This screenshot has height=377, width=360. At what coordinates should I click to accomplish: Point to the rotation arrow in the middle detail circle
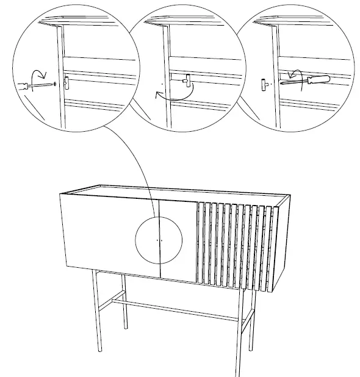[174, 93]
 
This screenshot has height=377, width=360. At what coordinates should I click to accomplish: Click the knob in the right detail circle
[264, 83]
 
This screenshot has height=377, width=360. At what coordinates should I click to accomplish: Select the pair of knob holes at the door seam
[159, 240]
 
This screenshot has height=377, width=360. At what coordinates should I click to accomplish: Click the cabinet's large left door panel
[104, 235]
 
